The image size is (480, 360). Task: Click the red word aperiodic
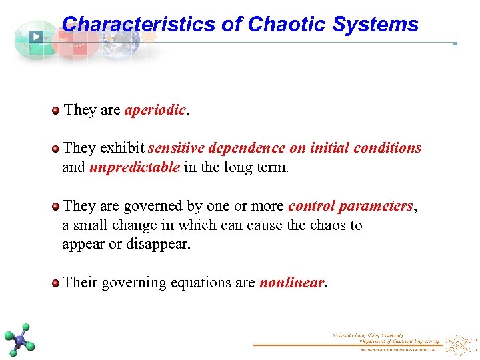coord(155,110)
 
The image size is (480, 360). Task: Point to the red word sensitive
coord(175,148)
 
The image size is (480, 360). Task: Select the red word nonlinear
coord(291,283)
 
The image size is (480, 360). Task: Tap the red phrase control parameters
coord(351,206)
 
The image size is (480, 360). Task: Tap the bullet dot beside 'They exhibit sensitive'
coord(55,149)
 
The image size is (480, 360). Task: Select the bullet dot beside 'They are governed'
coord(55,207)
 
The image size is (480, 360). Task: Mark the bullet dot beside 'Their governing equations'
coord(55,283)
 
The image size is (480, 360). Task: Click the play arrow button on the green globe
coord(35,37)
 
